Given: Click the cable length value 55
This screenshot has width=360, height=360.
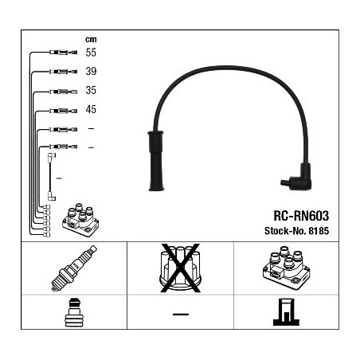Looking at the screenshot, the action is point(91,53).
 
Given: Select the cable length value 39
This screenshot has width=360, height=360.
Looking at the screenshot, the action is point(91,71).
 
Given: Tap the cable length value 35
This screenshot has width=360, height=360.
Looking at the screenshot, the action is point(91,90).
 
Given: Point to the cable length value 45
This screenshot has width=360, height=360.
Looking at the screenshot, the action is point(91,109).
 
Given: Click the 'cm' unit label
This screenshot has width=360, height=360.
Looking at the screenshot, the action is point(91,40).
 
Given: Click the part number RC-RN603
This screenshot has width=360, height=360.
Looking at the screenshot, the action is point(301,216).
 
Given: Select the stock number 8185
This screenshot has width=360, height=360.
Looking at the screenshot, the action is point(319,231).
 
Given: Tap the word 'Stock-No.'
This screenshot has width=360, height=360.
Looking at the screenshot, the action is point(285,231).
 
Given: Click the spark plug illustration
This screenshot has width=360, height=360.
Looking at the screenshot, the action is point(74,268).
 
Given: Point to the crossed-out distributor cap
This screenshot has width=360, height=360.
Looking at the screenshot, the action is point(180,268).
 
